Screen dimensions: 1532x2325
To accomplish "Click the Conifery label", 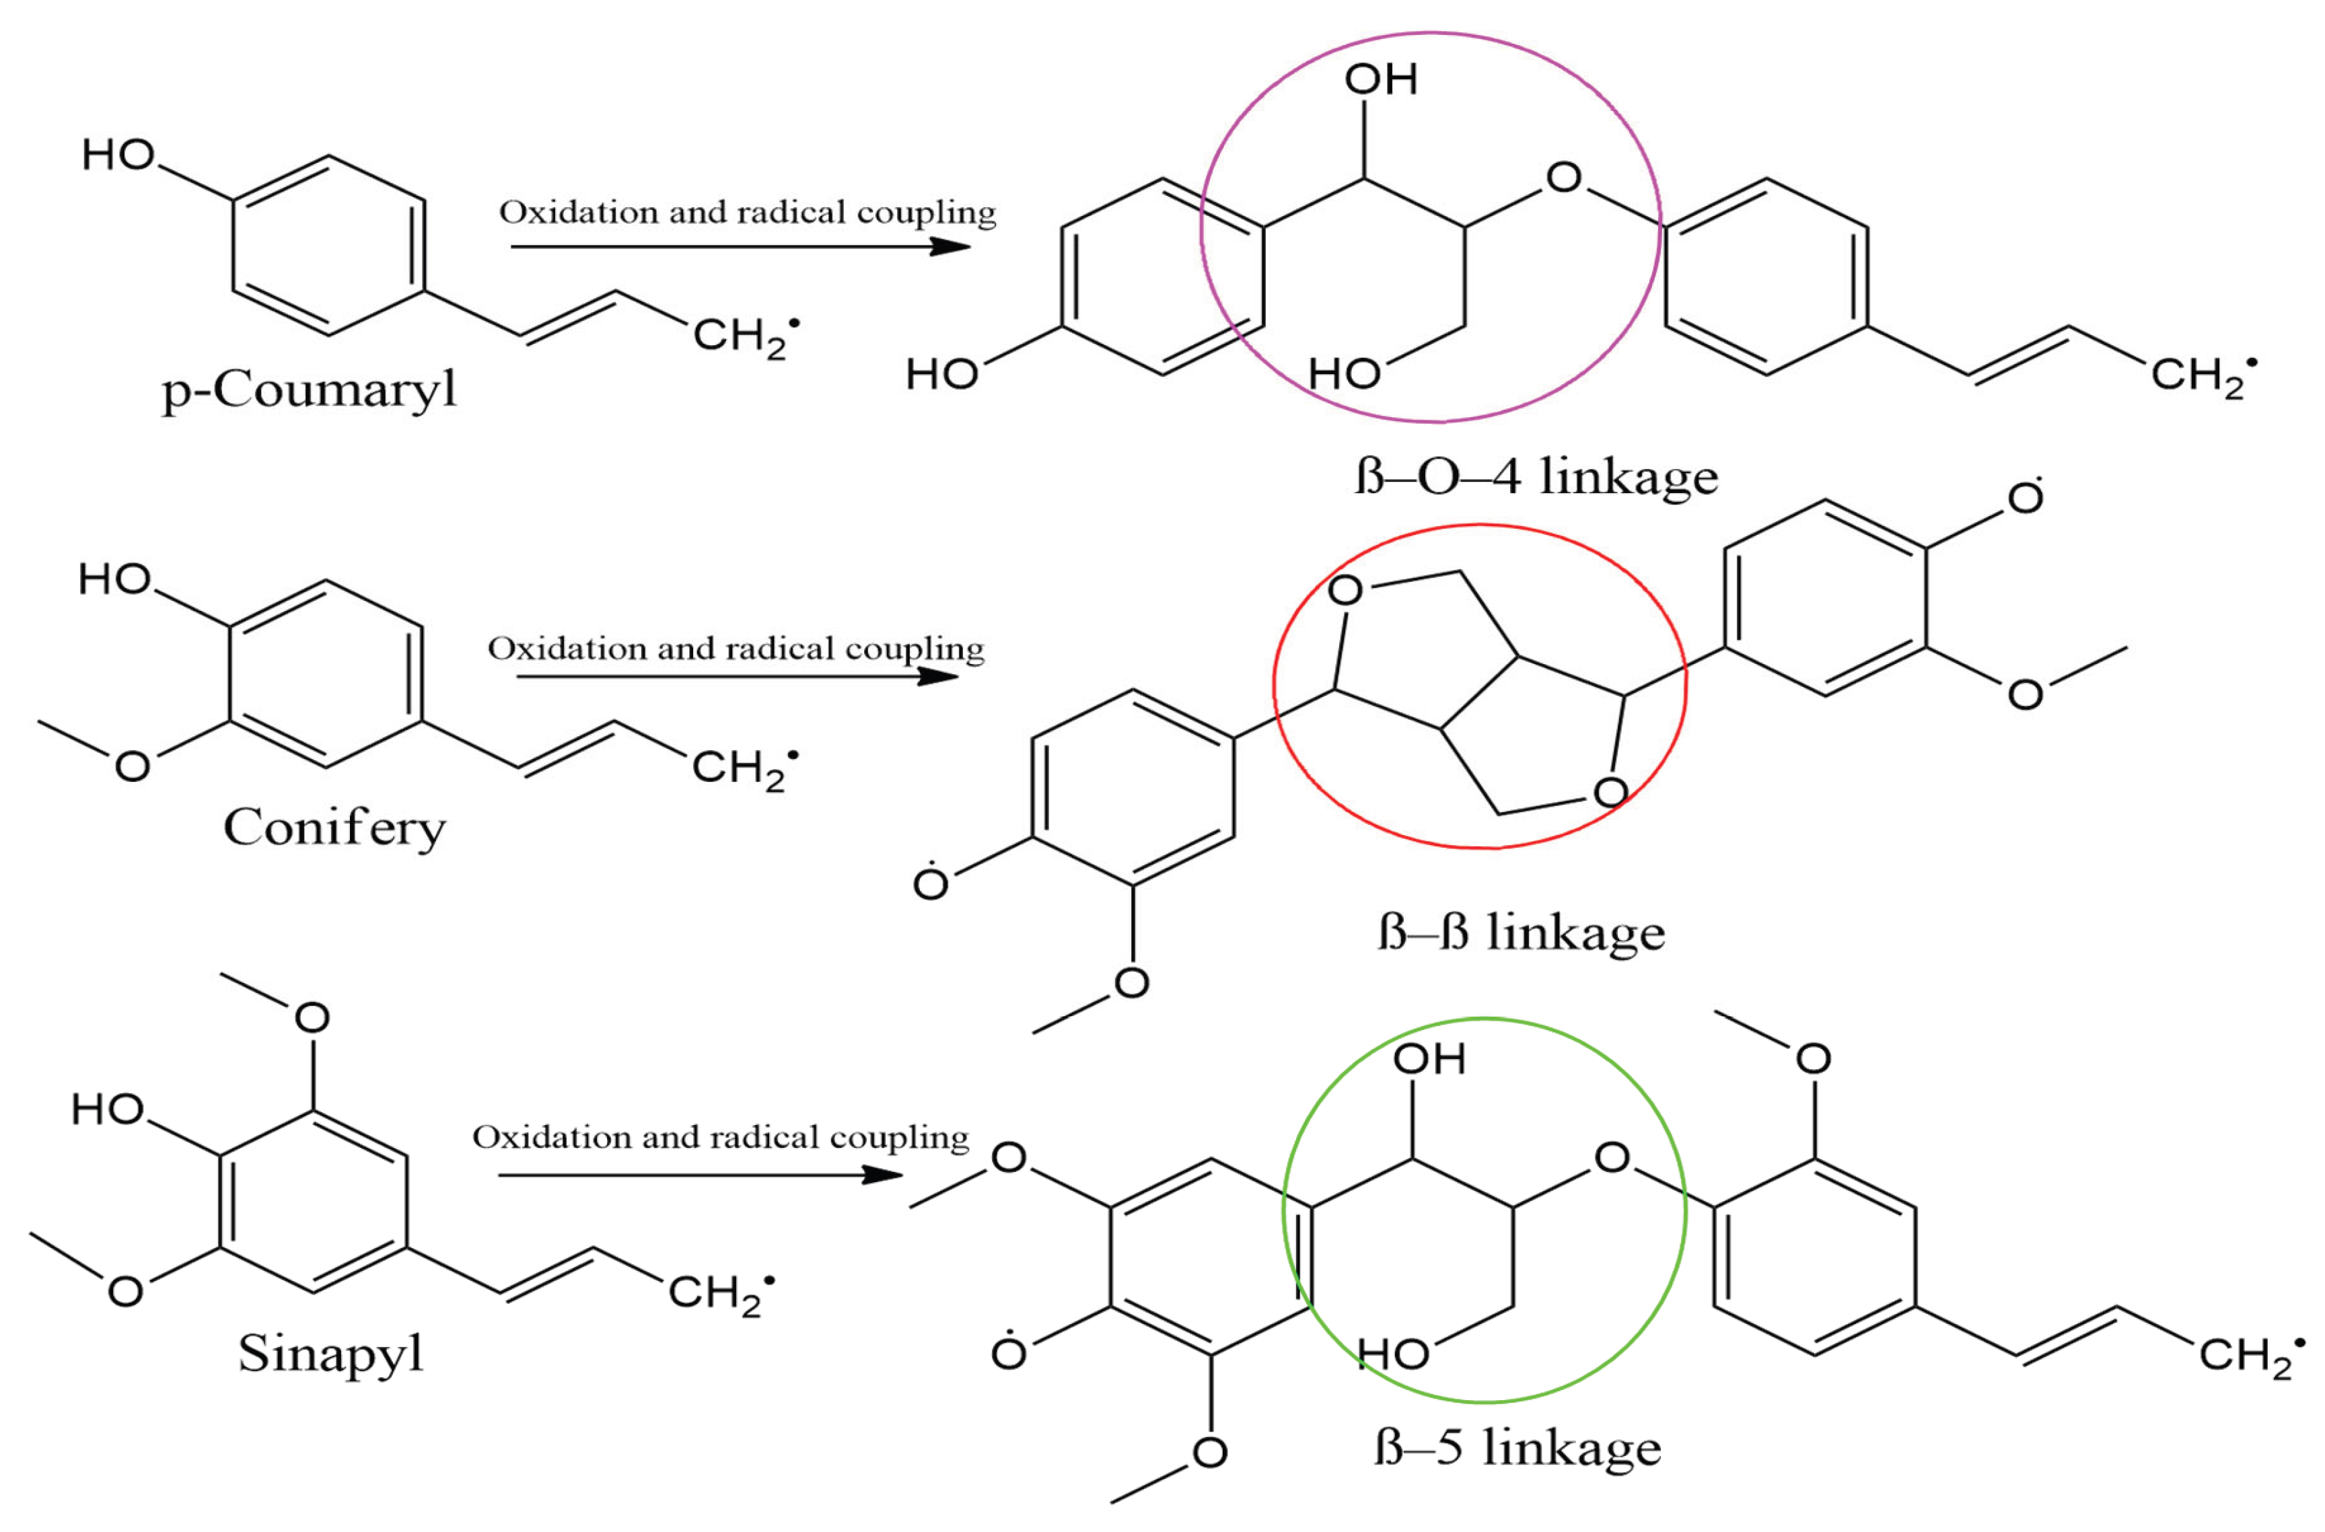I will [x=334, y=828].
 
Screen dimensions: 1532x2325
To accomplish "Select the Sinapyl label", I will [x=330, y=1353].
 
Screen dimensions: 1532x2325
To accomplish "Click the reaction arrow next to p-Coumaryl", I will [x=740, y=246].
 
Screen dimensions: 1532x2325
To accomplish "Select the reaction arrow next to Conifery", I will [x=737, y=676].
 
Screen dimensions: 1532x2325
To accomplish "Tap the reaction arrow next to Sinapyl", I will [x=700, y=1173].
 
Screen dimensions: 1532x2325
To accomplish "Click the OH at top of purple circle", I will [x=1380, y=80].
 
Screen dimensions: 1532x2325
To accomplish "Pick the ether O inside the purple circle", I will [x=1564, y=177].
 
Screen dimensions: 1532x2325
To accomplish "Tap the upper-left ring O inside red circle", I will [x=1345, y=590].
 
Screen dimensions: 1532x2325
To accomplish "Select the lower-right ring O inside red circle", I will [x=1610, y=791].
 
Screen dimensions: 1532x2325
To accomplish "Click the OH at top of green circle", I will [x=1429, y=1059].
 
